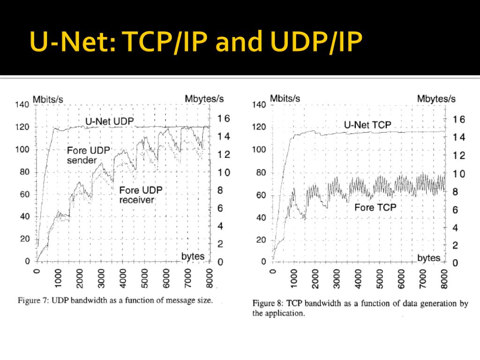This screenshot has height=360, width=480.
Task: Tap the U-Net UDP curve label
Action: (x=109, y=121)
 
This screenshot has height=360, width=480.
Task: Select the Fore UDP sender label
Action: (x=89, y=155)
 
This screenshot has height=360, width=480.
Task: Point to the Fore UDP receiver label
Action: (x=140, y=195)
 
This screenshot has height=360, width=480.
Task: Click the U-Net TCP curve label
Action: (x=367, y=125)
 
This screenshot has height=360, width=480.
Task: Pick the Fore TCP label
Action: (x=375, y=207)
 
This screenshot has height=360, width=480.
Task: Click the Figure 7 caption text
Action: (x=115, y=300)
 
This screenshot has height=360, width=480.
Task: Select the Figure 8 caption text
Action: (x=360, y=308)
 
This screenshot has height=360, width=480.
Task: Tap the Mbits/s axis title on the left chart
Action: (x=49, y=99)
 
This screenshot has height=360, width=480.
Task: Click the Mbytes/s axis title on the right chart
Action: (x=436, y=99)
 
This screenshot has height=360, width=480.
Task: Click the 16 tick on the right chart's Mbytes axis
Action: (x=458, y=120)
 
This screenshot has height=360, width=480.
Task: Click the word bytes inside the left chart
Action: (x=193, y=256)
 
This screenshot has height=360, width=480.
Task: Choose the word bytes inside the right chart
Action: (x=428, y=258)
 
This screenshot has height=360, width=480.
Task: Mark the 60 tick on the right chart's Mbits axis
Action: (x=261, y=195)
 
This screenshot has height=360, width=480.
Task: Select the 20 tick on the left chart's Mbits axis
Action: (x=24, y=239)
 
